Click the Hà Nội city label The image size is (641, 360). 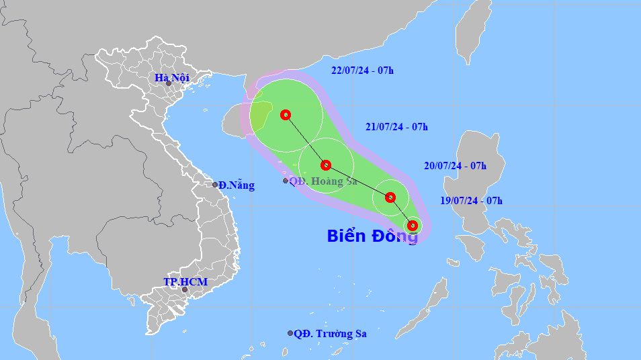pyautogui.click(x=172, y=78)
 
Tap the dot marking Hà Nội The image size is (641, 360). pyautogui.click(x=169, y=83)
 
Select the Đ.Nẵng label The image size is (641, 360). pyautogui.click(x=237, y=185)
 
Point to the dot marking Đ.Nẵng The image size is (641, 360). pyautogui.click(x=215, y=185)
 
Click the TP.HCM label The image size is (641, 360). pyautogui.click(x=185, y=282)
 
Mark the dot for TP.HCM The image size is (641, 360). pyautogui.click(x=184, y=289)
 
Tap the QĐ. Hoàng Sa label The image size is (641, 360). pyautogui.click(x=323, y=181)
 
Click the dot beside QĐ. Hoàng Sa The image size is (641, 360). pyautogui.click(x=286, y=181)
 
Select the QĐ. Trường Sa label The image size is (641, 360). pyautogui.click(x=330, y=333)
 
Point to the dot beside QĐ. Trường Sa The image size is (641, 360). pyautogui.click(x=290, y=333)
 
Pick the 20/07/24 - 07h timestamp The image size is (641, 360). pyautogui.click(x=455, y=165)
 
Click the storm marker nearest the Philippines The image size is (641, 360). pyautogui.click(x=413, y=226)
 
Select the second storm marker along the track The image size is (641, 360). pyautogui.click(x=390, y=197)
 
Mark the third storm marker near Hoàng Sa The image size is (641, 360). pyautogui.click(x=326, y=165)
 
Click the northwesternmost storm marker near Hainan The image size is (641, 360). pyautogui.click(x=286, y=115)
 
